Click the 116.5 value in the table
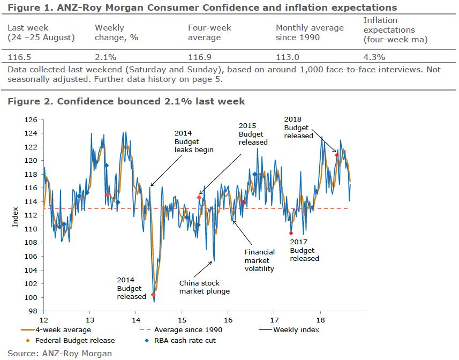click(19, 57)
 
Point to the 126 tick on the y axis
click(33, 119)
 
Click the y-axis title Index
click(16, 215)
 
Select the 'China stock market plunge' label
click(204, 287)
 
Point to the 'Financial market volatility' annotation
click(260, 260)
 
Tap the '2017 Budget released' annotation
click(304, 250)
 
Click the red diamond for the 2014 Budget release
click(153, 295)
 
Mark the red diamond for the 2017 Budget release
click(291, 233)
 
